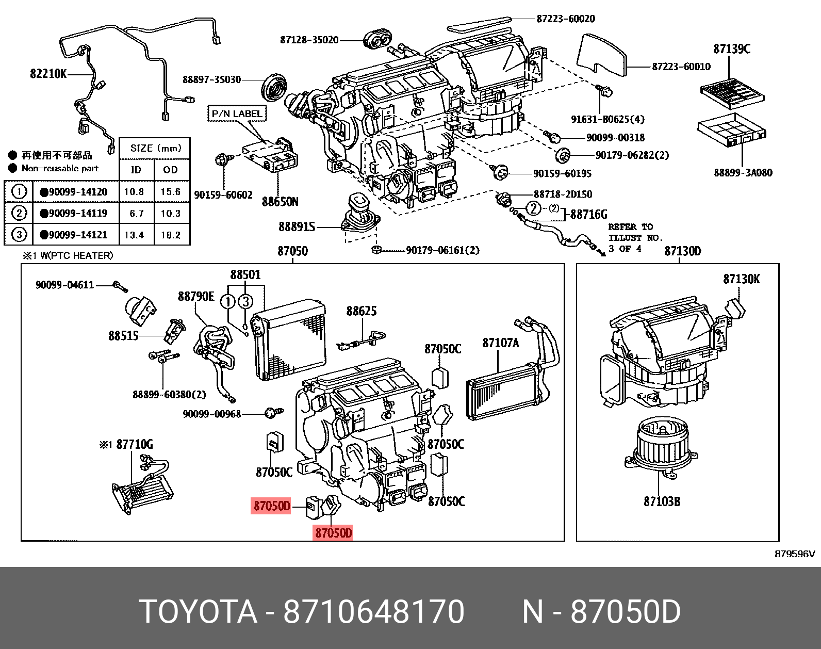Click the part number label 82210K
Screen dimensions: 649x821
click(48, 74)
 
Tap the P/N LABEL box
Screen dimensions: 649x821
click(237, 113)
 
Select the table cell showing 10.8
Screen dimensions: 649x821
click(134, 191)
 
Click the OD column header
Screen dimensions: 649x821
click(171, 170)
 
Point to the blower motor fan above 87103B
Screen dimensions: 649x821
click(660, 447)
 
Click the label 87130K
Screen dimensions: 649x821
click(741, 279)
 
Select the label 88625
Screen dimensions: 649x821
click(361, 311)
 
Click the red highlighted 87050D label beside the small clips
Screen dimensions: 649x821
click(271, 506)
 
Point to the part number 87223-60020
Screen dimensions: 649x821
click(565, 19)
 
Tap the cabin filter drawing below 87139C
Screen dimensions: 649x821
click(732, 93)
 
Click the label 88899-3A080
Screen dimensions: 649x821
click(743, 173)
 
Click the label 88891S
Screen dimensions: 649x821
click(297, 226)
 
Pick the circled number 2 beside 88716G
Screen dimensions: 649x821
click(533, 208)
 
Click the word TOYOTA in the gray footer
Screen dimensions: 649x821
click(198, 612)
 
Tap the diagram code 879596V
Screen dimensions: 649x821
click(794, 554)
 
